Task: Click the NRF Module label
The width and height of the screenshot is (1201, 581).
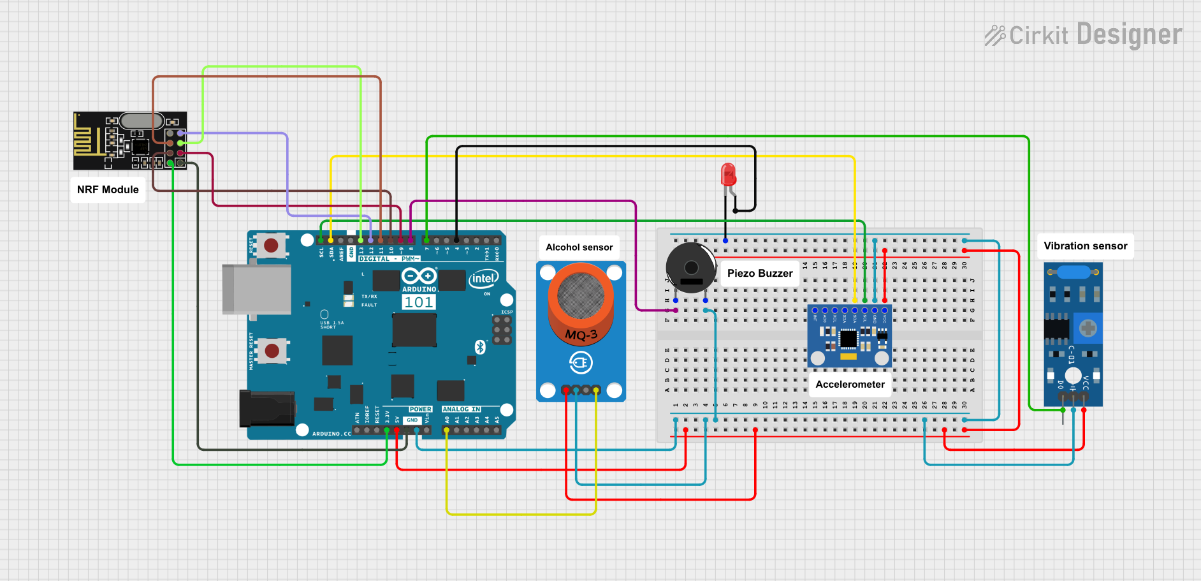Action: tap(108, 189)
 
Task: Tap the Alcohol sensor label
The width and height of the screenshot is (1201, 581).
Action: tap(579, 247)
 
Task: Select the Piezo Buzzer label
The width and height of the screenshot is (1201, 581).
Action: tap(759, 274)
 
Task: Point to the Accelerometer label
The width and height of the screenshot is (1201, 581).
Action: tap(850, 385)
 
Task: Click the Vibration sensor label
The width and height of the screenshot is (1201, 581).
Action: tap(1085, 246)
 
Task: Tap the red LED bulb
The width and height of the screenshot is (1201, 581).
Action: tap(728, 174)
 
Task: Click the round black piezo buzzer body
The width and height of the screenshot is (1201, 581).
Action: tap(691, 267)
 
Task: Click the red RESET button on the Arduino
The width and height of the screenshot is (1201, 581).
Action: tap(271, 245)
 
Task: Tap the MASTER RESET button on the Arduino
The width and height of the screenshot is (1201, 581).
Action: tap(272, 350)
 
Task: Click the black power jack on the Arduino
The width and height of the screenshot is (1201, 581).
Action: tap(266, 409)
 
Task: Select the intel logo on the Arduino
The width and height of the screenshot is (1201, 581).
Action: tap(483, 279)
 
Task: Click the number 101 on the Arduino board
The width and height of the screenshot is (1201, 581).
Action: tap(418, 302)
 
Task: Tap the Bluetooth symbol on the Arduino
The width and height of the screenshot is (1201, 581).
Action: tap(480, 346)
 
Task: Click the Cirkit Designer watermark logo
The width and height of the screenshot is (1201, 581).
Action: tap(1083, 35)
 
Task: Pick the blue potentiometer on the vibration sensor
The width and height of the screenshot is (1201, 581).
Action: tap(1088, 328)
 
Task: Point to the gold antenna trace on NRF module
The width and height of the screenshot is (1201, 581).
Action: tap(87, 140)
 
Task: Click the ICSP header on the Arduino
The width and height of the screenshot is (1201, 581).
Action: tap(502, 330)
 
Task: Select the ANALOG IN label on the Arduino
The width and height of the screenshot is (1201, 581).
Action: tap(462, 409)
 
